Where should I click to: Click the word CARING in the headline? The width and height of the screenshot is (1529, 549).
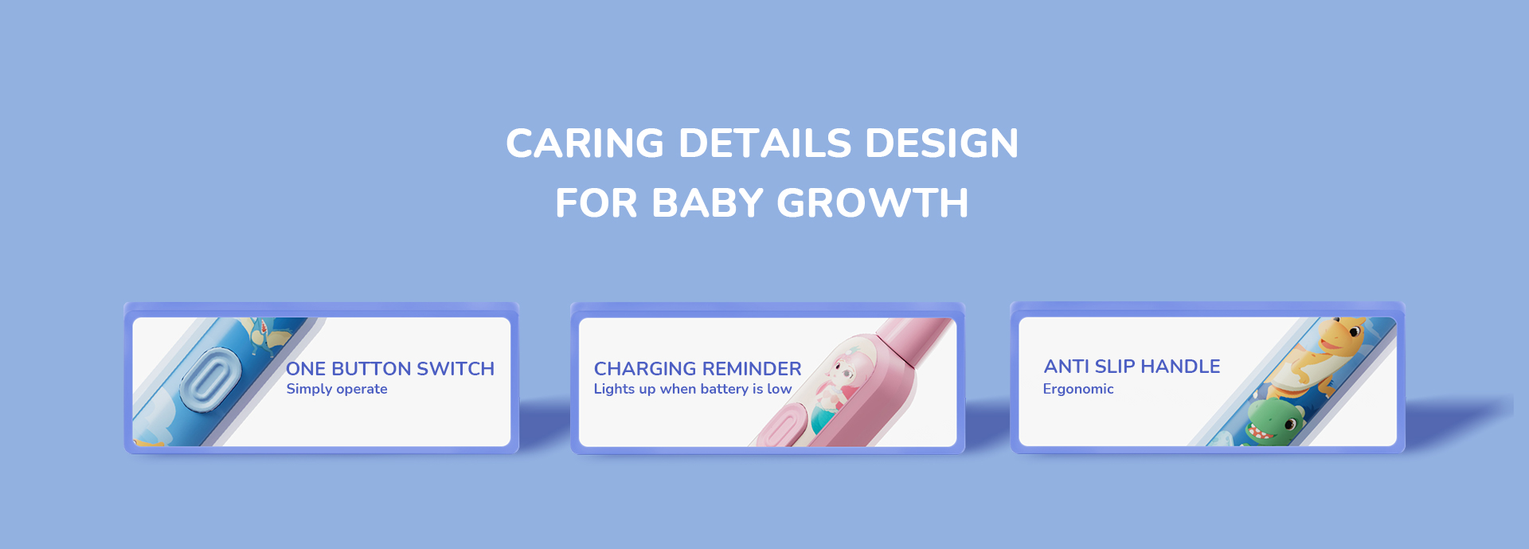[x=585, y=143]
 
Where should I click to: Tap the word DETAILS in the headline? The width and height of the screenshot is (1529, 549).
[x=765, y=143]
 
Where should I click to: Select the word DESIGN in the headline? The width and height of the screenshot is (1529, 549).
[x=942, y=143]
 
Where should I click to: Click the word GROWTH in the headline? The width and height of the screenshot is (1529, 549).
[x=873, y=203]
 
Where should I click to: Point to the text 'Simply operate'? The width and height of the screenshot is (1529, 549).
[x=337, y=389]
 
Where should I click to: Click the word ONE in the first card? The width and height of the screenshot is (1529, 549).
[x=306, y=369]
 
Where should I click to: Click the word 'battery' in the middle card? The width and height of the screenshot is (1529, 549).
[x=725, y=389]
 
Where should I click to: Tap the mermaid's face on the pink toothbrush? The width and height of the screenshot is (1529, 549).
[x=843, y=371]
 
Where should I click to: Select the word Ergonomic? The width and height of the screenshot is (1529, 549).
[x=1078, y=389]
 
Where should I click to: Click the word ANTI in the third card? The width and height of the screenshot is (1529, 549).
[x=1067, y=367]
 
